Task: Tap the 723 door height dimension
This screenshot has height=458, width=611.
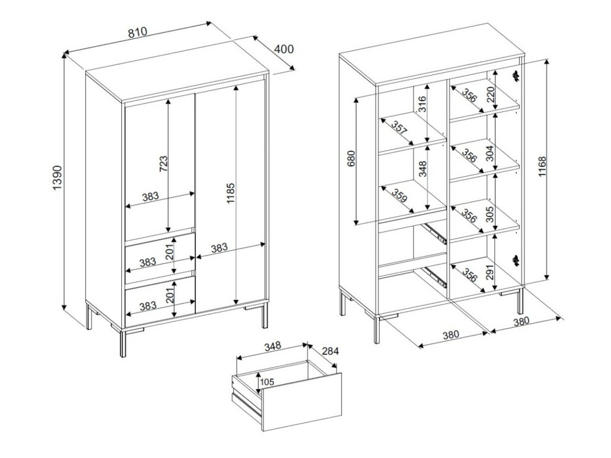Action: click(x=163, y=163)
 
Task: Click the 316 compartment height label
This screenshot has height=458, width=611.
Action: click(x=422, y=105)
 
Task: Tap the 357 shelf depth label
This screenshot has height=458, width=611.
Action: click(x=400, y=128)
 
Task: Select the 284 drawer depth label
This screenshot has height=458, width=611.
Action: click(x=330, y=351)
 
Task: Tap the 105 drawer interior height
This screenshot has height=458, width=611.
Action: click(x=267, y=382)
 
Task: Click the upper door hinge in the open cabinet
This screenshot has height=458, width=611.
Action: click(x=516, y=75)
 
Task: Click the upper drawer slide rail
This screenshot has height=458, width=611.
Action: click(x=435, y=231)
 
